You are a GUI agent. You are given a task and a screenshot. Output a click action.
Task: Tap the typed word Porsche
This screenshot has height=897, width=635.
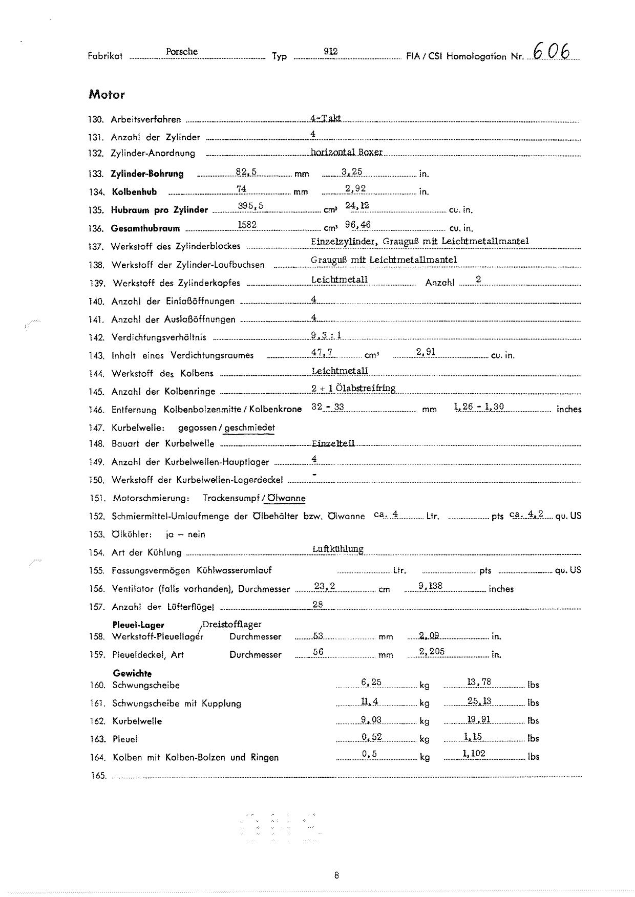point(182,52)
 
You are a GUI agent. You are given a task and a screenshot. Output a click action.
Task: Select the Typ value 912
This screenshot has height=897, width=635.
point(331,52)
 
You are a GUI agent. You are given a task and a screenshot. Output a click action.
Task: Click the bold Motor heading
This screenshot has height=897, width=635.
point(107,95)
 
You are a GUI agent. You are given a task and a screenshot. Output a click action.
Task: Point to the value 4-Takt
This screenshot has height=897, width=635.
point(326,118)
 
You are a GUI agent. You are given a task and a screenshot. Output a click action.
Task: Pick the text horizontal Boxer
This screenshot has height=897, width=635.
point(347,152)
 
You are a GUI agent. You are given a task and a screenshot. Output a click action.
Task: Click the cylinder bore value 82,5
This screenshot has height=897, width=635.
point(246,172)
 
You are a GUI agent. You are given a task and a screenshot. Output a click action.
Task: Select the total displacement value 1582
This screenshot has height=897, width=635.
point(247,225)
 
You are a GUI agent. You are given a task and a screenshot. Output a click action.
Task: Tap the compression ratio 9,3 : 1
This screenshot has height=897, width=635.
point(326,335)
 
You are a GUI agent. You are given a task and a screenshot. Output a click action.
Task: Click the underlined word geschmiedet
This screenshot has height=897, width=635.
point(250,428)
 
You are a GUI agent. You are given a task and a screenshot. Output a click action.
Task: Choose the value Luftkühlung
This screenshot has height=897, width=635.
point(338,549)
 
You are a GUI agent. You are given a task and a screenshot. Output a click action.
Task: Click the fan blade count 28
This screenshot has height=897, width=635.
point(318,604)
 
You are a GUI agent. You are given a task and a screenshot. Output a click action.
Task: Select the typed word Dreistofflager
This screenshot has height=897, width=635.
point(232,624)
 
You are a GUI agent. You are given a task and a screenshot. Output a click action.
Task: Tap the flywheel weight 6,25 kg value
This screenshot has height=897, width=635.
point(371,682)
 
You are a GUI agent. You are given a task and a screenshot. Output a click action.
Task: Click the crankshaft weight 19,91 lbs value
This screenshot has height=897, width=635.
point(479,719)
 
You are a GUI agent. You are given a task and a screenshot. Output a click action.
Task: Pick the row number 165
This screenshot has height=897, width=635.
point(98,776)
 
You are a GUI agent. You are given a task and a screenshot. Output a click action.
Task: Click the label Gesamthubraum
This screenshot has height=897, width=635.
point(145,228)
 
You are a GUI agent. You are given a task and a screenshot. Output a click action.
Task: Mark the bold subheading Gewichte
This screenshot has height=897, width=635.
point(133,674)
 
